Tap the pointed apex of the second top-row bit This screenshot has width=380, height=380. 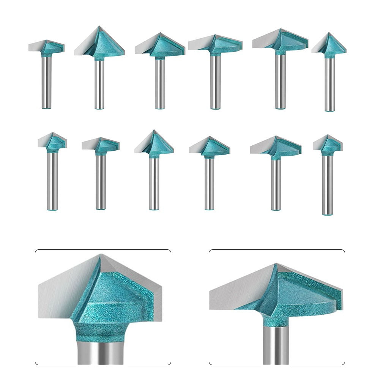(99, 27)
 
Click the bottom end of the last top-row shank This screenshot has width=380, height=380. (330, 110)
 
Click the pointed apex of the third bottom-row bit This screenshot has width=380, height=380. (154, 131)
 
